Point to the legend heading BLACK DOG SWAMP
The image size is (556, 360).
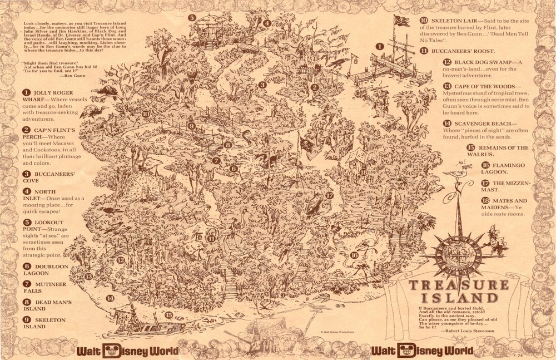click(481, 62)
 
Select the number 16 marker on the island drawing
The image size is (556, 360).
click(354, 255)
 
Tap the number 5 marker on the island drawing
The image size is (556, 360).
click(192, 18)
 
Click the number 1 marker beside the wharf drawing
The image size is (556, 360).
click(380, 47)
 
